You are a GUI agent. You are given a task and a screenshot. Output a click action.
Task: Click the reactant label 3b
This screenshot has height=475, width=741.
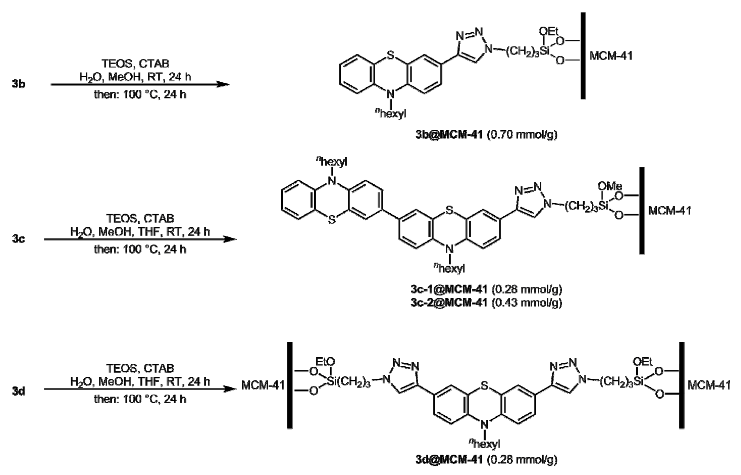click(x=18, y=84)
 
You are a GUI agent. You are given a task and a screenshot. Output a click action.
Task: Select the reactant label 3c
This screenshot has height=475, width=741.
click(x=18, y=239)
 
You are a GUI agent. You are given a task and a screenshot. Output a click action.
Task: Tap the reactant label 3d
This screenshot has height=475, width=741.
click(x=18, y=391)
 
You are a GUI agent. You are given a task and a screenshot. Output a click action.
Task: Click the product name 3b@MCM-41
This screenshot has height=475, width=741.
click(x=449, y=135)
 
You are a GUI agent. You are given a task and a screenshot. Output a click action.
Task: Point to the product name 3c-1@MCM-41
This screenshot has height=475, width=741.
click(x=449, y=289)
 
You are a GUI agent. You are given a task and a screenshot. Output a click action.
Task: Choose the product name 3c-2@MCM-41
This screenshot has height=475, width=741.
click(x=449, y=303)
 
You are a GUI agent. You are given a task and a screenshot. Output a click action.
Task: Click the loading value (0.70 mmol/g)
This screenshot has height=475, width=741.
click(x=522, y=135)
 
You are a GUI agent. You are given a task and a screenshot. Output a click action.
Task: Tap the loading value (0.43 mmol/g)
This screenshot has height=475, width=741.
click(x=527, y=303)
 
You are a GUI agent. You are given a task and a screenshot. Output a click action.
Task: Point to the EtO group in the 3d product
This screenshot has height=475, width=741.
click(x=325, y=361)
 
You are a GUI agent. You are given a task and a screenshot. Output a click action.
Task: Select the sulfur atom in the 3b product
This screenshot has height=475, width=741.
click(x=390, y=56)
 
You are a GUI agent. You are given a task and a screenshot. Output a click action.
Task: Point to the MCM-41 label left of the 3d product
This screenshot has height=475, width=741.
click(x=263, y=385)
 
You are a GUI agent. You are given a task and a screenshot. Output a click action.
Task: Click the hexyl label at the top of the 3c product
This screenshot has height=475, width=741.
click(x=332, y=162)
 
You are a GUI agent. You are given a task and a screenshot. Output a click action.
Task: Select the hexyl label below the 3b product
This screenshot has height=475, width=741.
click(x=391, y=114)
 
